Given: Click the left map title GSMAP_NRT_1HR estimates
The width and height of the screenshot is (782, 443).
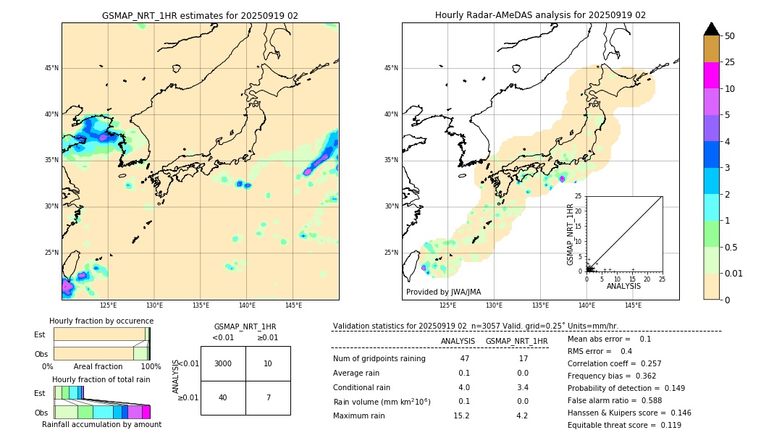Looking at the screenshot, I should coord(200,15).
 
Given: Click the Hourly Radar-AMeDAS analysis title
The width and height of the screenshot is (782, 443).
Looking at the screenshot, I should coord(540,15).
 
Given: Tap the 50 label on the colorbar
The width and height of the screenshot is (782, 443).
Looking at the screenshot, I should coord(730,36).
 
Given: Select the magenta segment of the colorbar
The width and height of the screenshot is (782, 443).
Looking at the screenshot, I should coord(711,75).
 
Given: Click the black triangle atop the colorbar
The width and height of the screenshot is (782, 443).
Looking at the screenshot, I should coord(711,29).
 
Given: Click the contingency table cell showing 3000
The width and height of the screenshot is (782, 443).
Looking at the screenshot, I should coord(223,363).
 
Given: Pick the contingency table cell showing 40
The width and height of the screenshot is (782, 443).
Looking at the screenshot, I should coord(223,397).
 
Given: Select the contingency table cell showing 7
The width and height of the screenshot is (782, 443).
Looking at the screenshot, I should coord(268,397).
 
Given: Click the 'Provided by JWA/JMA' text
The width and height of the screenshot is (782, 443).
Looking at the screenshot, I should coord(443,292).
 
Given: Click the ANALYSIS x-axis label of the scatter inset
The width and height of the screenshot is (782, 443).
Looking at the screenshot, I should coord(623,286).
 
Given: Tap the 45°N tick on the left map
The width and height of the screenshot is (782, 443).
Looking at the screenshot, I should coord(51,68).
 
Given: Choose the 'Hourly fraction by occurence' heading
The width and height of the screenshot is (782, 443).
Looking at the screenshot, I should coord(101,321).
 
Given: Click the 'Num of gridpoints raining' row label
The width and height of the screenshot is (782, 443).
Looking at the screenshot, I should coord(379,359).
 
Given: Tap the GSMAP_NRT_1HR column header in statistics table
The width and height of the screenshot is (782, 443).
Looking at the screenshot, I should coord(516,341).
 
